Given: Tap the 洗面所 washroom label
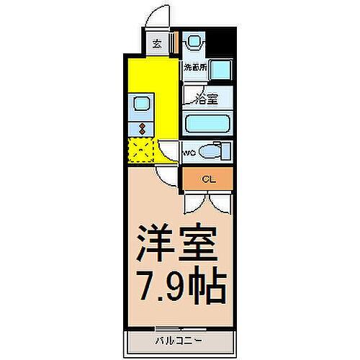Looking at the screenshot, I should (195, 68).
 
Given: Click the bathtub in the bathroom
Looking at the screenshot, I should (207, 123).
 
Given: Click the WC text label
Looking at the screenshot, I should (188, 153).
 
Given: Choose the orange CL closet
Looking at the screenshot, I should (207, 178).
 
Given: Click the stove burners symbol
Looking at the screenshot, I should (142, 129).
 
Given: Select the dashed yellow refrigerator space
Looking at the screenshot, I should (141, 151).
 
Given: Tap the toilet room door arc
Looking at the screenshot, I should (170, 152).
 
